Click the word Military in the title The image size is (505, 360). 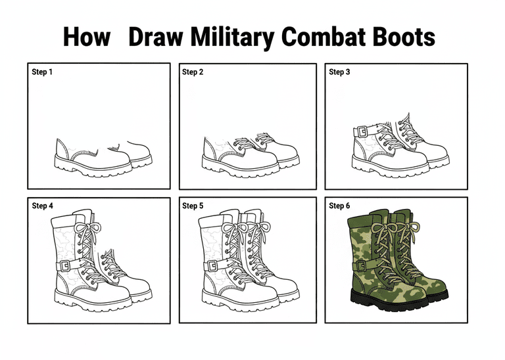pyautogui.click(x=232, y=37)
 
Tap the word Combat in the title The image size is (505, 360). pyautogui.click(x=324, y=36)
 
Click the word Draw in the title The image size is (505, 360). pyautogui.click(x=156, y=36)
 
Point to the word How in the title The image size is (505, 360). pyautogui.click(x=87, y=36)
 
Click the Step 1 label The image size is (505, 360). pyautogui.click(x=42, y=72)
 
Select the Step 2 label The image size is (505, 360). pyautogui.click(x=193, y=72)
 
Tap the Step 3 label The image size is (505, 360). pyautogui.click(x=339, y=72)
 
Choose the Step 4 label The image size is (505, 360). pyautogui.click(x=42, y=206)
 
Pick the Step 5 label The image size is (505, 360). pyautogui.click(x=193, y=206)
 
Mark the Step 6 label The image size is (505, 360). pyautogui.click(x=339, y=206)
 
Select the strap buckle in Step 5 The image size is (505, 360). pyautogui.click(x=212, y=266)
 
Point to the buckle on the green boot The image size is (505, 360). pyautogui.click(x=362, y=266)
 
